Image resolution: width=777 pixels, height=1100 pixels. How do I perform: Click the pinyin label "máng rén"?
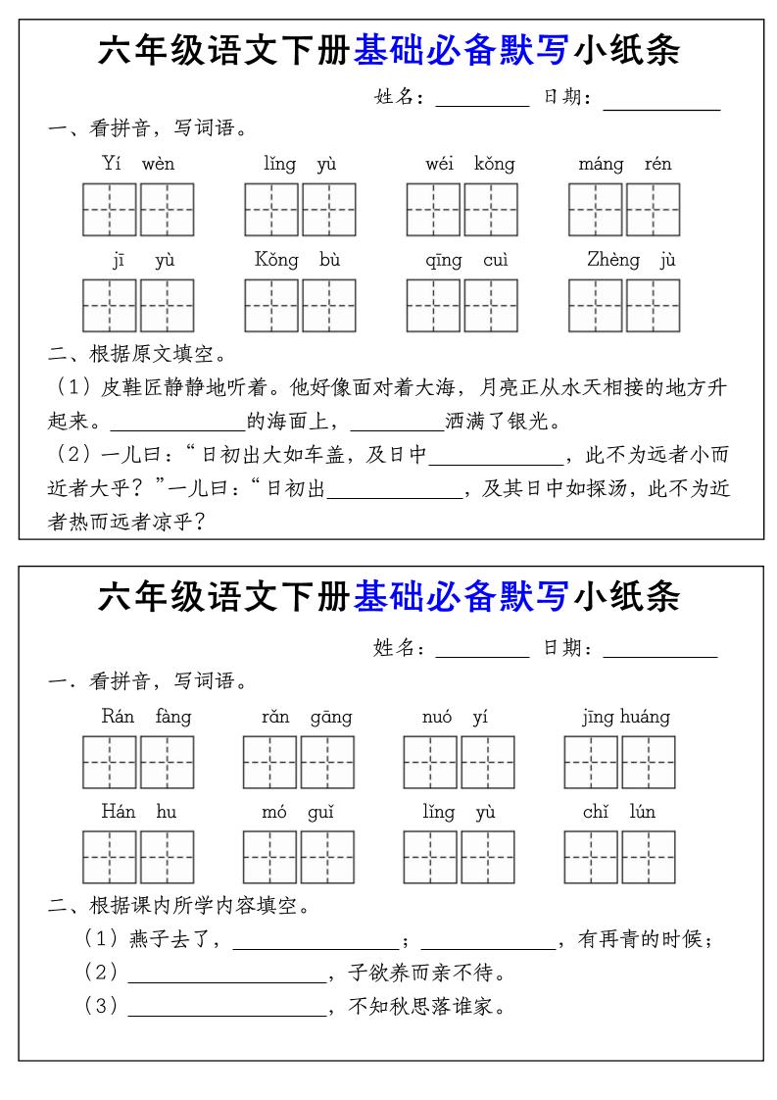pyautogui.click(x=624, y=164)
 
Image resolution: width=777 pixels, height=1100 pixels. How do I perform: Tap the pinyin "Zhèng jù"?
pyautogui.click(x=631, y=260)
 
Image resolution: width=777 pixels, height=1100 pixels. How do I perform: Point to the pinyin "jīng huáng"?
pyautogui.click(x=625, y=717)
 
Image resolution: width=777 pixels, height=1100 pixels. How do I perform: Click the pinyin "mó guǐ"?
pyautogui.click(x=298, y=812)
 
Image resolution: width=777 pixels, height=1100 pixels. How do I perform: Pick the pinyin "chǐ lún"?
pyautogui.click(x=619, y=812)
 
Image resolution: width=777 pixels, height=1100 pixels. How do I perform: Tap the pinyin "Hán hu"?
pyautogui.click(x=138, y=812)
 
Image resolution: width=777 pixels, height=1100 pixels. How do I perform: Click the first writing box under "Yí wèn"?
pyautogui.click(x=109, y=210)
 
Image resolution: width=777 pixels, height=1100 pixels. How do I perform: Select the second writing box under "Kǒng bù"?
pyautogui.click(x=328, y=306)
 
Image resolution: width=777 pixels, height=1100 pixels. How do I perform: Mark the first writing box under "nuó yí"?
pyautogui.click(x=430, y=763)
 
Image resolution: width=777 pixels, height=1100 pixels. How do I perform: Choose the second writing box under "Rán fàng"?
pyautogui.click(x=167, y=763)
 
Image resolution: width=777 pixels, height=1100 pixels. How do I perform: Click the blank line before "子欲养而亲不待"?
pyautogui.click(x=226, y=975)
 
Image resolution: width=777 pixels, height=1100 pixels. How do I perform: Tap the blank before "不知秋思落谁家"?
pyautogui.click(x=226, y=1009)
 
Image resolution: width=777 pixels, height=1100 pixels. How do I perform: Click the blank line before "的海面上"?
pyautogui.click(x=177, y=425)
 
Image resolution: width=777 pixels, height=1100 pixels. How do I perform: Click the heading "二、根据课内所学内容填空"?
pyautogui.click(x=179, y=906)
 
